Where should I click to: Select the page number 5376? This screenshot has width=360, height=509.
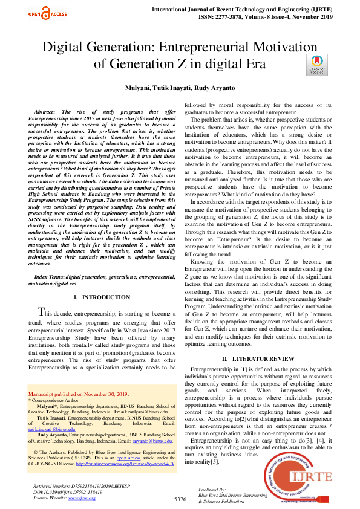coord(180,499)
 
